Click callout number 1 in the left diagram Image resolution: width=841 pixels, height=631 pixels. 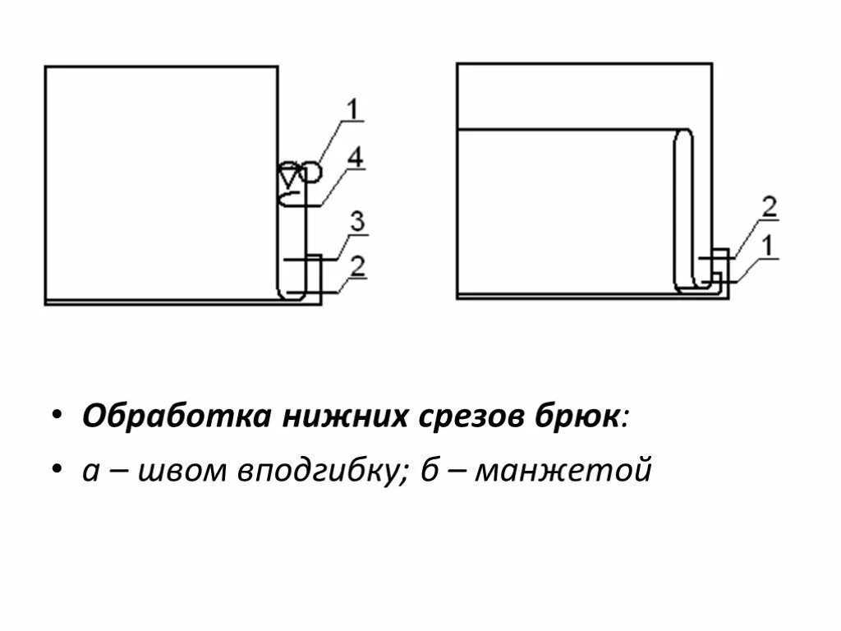[352, 109]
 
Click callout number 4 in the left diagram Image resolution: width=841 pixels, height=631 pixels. [355, 158]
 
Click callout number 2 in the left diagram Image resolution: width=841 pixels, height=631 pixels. [357, 265]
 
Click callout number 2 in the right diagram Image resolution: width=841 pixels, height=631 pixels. [769, 207]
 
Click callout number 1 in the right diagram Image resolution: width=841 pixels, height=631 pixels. [768, 244]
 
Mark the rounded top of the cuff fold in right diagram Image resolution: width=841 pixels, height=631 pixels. [683, 135]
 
